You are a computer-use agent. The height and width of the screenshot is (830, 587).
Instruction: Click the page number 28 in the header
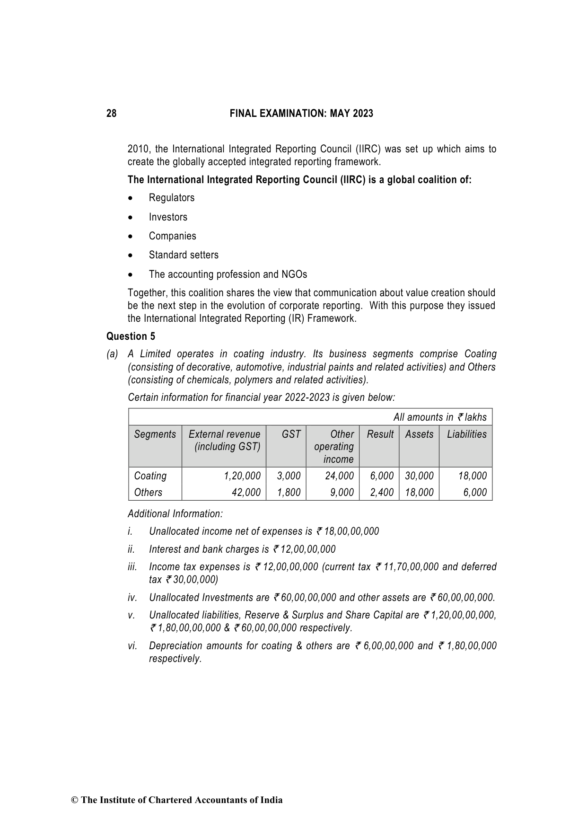coord(111,114)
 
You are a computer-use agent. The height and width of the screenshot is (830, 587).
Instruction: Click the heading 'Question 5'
coord(131,336)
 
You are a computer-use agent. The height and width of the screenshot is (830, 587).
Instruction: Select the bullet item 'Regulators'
coord(171,198)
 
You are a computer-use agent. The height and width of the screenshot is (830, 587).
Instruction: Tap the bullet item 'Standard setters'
coord(184,255)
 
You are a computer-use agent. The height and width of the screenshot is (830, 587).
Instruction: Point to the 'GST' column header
coord(291,434)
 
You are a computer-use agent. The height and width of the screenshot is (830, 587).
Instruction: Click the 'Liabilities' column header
coord(466,434)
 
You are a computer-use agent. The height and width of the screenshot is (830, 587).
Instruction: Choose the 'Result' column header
coord(380,434)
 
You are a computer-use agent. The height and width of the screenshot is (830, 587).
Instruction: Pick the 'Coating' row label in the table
coord(150,476)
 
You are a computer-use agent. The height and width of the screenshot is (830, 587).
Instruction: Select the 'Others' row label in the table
coord(148,493)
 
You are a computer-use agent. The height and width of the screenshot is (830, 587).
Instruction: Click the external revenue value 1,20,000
coord(242,476)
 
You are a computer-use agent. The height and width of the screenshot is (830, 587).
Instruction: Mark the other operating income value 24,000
coord(339,476)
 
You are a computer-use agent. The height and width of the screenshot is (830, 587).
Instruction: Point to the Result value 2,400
coord(382,493)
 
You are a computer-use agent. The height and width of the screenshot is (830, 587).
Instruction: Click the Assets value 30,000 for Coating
coord(419,476)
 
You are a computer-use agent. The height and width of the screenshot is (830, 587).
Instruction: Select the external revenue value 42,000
coord(246,493)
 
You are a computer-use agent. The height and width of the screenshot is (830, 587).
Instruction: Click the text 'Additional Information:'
coord(175,514)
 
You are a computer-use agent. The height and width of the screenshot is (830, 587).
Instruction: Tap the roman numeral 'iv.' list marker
coord(132,598)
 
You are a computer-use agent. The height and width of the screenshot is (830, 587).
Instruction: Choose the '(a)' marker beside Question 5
coord(112,354)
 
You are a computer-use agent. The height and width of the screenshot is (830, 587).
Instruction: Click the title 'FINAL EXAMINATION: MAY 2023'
coord(301,114)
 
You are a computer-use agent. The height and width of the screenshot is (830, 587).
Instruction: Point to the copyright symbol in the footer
coord(74,800)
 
